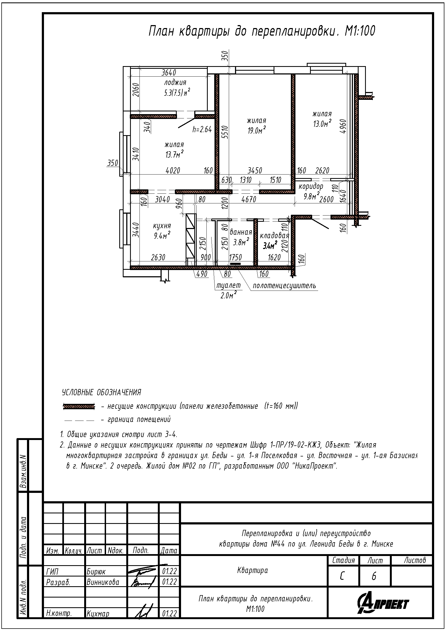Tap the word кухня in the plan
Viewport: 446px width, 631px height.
coord(162,226)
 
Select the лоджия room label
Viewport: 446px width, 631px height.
coord(175,83)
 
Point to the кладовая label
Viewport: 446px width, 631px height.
coord(274,236)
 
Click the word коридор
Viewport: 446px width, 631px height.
coord(311,186)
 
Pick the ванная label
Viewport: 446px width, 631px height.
coord(241,232)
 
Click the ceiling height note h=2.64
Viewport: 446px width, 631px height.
coord(202,129)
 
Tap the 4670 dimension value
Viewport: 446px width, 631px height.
coord(249,199)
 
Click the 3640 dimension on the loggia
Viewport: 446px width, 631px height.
coord(169,73)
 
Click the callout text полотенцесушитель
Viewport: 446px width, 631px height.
coord(284,286)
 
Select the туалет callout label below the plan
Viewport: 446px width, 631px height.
coord(228,285)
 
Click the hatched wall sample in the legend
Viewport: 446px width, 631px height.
coord(79,407)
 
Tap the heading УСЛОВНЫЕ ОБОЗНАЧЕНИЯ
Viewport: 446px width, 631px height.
coord(102,392)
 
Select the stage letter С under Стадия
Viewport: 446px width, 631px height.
coord(342,576)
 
